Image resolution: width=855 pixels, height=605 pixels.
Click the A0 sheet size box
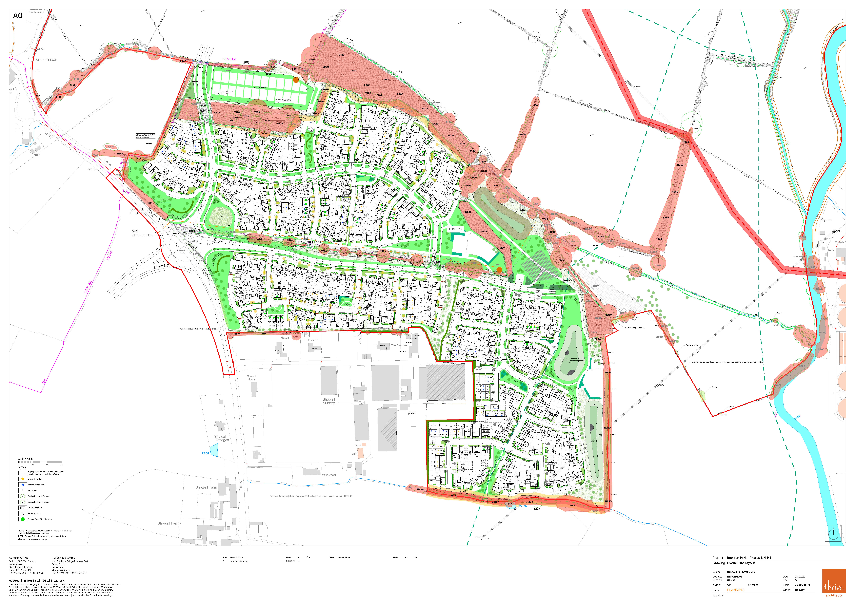click(18, 16)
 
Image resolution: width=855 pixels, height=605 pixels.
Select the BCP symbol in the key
click(23, 508)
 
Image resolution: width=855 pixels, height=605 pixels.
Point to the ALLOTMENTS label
click(260, 88)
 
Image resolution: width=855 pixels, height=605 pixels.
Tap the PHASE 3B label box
click(455, 229)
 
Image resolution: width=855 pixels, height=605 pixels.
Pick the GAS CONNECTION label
click(142, 233)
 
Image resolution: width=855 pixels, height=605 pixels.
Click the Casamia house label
click(312, 340)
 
